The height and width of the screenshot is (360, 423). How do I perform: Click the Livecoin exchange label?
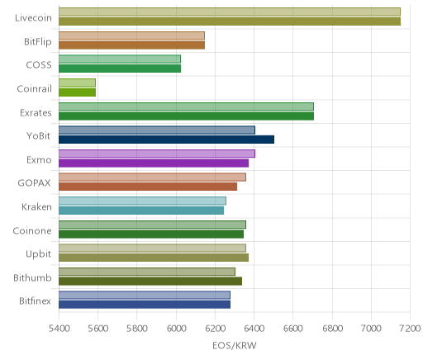[33, 18]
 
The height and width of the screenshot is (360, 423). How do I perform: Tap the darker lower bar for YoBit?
[166, 140]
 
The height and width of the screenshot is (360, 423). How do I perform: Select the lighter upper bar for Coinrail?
[77, 83]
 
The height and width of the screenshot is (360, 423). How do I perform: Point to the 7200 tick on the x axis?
[410, 329]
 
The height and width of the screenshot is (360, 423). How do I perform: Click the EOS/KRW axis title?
[235, 345]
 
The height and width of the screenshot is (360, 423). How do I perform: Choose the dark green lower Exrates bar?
[186, 116]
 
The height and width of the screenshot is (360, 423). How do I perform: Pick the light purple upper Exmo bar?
[157, 154]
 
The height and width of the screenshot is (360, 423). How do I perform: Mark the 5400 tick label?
[59, 329]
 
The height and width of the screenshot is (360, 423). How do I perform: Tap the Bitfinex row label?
[35, 301]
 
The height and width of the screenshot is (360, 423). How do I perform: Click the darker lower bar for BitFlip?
[131, 45]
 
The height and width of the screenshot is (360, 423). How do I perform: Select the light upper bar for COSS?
[120, 59]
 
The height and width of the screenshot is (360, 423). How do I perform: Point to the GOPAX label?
[34, 183]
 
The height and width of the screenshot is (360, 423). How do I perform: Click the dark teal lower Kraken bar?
[141, 211]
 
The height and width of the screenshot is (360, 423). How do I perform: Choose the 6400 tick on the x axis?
[254, 329]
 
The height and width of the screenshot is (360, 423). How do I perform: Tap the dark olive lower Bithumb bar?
[150, 282]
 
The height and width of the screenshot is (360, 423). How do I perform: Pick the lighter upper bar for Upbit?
[152, 248]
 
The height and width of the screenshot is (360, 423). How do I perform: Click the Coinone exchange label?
[32, 230]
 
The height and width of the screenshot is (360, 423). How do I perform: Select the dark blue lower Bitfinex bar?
[145, 305]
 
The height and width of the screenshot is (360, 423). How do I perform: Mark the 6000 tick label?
[176, 329]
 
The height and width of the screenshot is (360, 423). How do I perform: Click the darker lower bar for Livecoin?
[230, 21]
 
